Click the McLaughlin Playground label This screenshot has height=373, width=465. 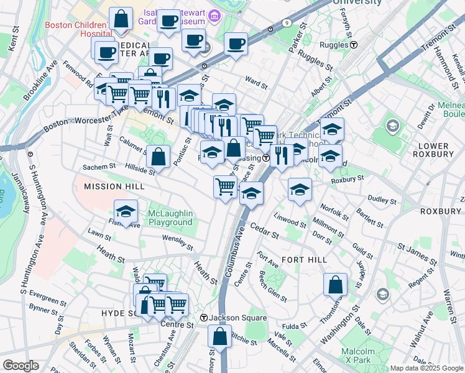(170, 218)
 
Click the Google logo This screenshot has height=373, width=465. (21, 365)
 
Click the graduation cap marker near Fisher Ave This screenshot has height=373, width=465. (126, 211)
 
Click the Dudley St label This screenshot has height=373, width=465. (382, 200)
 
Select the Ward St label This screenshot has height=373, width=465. (256, 80)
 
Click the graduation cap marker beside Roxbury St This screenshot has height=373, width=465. (300, 189)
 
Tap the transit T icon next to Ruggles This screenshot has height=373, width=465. (353, 45)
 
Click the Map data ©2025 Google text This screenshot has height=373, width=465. (426, 368)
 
